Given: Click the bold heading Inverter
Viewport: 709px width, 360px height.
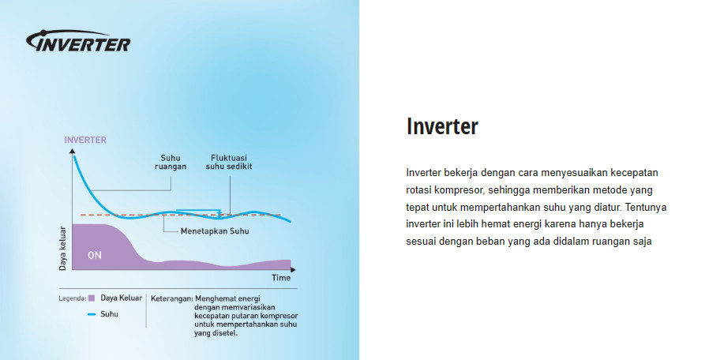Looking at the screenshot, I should (x=442, y=126).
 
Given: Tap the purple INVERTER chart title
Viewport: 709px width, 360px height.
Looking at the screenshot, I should (x=84, y=140).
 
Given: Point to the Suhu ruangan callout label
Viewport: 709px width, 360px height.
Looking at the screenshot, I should (x=170, y=161).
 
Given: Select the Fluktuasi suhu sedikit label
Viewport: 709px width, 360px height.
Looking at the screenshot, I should (x=229, y=161).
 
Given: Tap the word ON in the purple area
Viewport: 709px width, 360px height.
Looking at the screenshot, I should (x=95, y=255).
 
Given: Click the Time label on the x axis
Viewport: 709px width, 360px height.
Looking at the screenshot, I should (x=281, y=278).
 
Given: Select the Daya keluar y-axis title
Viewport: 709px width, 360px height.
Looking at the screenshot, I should (x=63, y=250).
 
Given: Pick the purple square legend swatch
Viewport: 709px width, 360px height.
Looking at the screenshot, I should (x=92, y=298).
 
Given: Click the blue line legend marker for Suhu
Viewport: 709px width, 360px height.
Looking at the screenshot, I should (x=92, y=313).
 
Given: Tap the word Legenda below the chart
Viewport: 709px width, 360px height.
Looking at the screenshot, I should (x=72, y=298).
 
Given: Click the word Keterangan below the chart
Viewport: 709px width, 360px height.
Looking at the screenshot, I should (x=171, y=298).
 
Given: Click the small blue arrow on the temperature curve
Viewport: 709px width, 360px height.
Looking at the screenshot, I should (x=197, y=211).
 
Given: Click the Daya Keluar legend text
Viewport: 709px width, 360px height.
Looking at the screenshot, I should (x=122, y=298).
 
